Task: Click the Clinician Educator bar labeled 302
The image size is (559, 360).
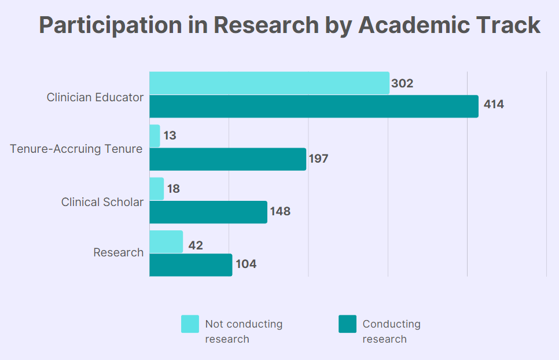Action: click(269, 83)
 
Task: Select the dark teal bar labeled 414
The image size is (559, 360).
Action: click(314, 106)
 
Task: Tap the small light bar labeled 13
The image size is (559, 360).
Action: click(155, 136)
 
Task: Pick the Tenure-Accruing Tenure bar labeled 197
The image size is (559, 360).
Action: click(227, 159)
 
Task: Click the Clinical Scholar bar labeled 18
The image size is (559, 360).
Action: click(157, 189)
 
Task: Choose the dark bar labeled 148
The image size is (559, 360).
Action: click(208, 212)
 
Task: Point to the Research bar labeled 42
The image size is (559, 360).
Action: click(166, 242)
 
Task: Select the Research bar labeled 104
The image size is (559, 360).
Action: click(191, 265)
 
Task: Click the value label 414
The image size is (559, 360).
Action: click(494, 105)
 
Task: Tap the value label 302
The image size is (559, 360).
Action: click(402, 83)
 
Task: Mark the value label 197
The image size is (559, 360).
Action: click(319, 158)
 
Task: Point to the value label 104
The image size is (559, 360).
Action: click(245, 265)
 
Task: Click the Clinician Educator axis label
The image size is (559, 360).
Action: click(95, 97)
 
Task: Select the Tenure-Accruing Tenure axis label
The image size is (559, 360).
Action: click(76, 149)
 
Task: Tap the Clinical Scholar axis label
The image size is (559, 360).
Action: click(102, 202)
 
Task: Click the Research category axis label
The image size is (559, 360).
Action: click(119, 252)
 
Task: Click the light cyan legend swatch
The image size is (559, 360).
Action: click(190, 324)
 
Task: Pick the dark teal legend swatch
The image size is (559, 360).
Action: click(347, 324)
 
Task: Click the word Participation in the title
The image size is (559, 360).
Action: click(110, 25)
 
